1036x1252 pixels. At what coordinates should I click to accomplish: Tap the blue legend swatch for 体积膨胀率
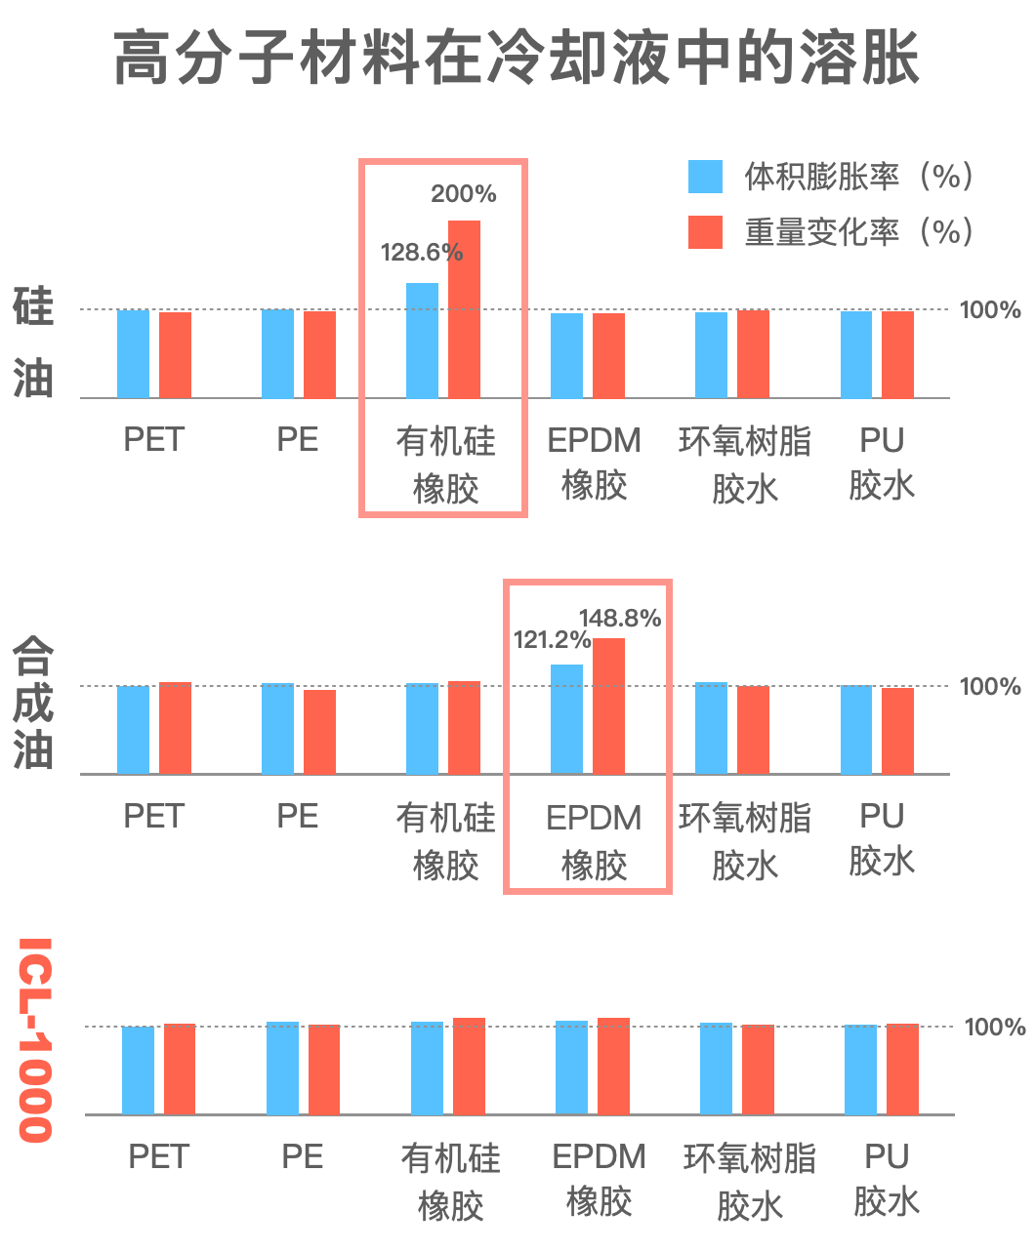pyautogui.click(x=705, y=177)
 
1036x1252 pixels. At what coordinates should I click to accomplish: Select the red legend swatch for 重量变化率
pyautogui.click(x=705, y=232)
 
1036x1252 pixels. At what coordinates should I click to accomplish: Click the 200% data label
pyautogui.click(x=464, y=193)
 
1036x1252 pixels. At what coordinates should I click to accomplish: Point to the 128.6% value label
pyautogui.click(x=421, y=252)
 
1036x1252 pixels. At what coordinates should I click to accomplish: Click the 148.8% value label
pyautogui.click(x=620, y=618)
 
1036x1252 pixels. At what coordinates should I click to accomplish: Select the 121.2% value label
pyautogui.click(x=552, y=640)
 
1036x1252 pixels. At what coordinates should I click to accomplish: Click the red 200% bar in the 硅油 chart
pyautogui.click(x=464, y=308)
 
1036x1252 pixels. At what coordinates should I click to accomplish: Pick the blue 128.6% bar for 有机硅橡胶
pyautogui.click(x=422, y=340)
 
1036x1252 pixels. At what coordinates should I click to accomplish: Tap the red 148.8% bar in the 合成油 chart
pyautogui.click(x=608, y=706)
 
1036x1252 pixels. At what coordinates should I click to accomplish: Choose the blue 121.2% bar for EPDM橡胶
pyautogui.click(x=566, y=719)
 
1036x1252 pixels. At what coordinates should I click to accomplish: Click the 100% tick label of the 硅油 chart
pyautogui.click(x=989, y=310)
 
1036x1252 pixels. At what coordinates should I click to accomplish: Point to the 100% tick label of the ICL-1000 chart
pyautogui.click(x=994, y=1027)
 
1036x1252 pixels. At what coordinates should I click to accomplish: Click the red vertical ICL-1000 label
pyautogui.click(x=35, y=1039)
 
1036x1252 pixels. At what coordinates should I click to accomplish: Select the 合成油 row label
pyautogui.click(x=32, y=703)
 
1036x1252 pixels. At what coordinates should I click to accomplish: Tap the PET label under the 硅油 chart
pyautogui.click(x=153, y=439)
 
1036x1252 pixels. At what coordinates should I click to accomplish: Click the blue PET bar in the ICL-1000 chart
pyautogui.click(x=138, y=1070)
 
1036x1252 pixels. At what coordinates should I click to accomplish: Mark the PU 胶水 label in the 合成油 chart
pyautogui.click(x=881, y=838)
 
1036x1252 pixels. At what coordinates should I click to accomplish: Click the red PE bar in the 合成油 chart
pyautogui.click(x=319, y=732)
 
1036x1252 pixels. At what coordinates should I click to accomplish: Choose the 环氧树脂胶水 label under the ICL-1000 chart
pyautogui.click(x=749, y=1182)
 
